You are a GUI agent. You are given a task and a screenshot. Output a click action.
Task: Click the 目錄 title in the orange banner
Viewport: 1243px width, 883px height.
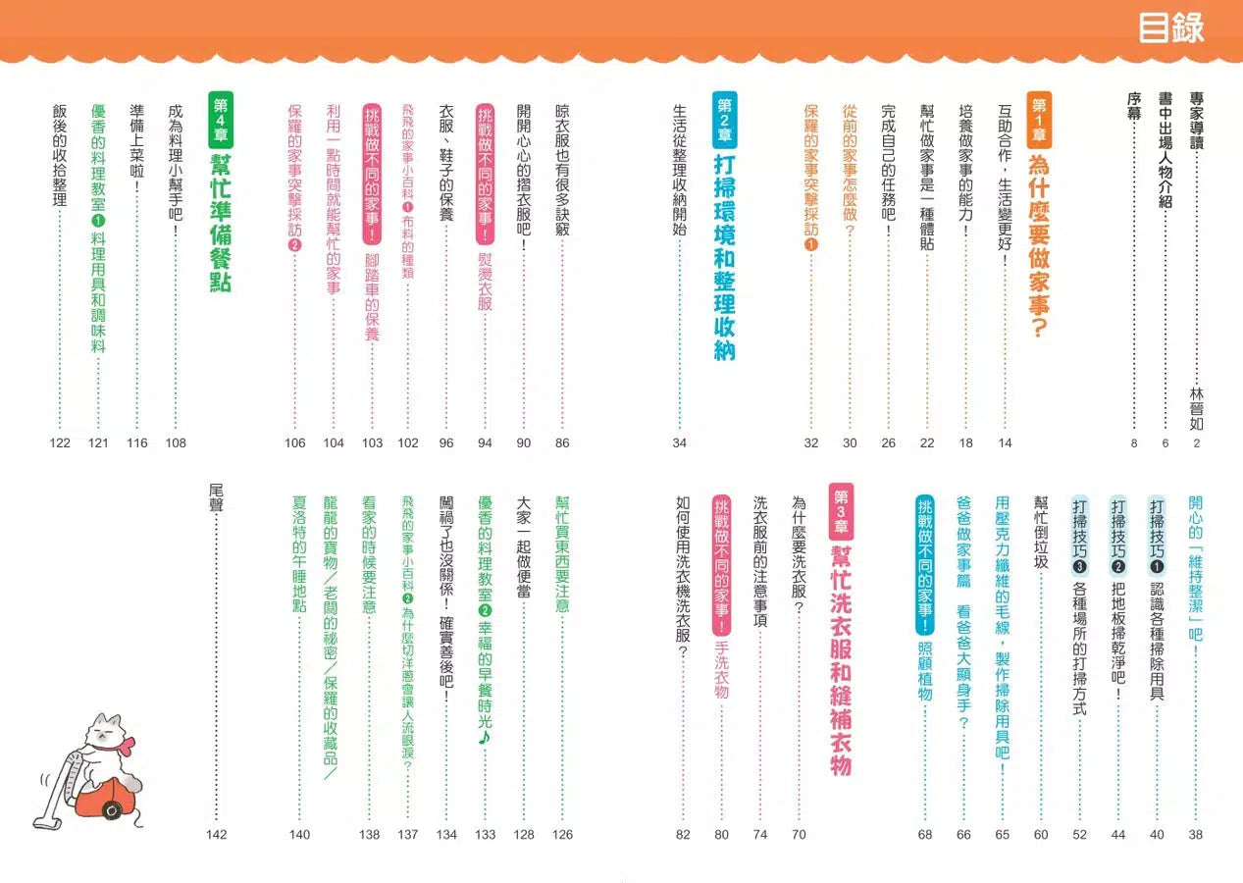pos(1170,27)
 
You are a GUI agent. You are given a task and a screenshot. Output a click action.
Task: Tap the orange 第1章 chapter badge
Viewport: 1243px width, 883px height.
pos(1039,121)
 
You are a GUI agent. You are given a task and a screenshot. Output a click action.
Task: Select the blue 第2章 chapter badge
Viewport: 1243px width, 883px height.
pos(724,121)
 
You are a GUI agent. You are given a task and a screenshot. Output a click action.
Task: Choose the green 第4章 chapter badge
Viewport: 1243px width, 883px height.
pos(220,121)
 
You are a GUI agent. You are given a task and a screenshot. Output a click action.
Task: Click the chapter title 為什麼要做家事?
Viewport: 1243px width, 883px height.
pos(1039,245)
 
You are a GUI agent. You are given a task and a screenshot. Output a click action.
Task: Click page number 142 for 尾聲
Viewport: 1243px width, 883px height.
pos(217,835)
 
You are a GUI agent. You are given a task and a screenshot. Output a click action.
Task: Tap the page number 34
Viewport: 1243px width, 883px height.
pos(680,443)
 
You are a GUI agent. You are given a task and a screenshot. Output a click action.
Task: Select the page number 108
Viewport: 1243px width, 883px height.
pos(176,443)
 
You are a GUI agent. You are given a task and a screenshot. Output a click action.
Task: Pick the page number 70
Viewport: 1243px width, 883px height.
pos(799,835)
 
